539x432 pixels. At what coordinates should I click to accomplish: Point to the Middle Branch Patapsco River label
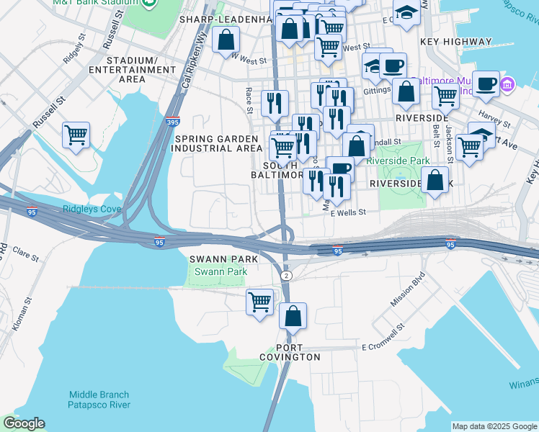(99, 400)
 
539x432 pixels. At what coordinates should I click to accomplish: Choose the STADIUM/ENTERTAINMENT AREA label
(142, 65)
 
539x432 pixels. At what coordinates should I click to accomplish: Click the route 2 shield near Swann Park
(286, 276)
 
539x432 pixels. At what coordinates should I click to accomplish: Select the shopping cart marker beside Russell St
(76, 135)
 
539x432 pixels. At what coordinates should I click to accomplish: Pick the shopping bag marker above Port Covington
(293, 316)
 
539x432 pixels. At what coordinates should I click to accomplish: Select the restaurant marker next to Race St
(275, 103)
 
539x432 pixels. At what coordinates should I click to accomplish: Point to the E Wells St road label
(349, 212)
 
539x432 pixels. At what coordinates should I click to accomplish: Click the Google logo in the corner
(24, 423)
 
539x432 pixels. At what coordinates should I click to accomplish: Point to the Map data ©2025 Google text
(494, 426)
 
